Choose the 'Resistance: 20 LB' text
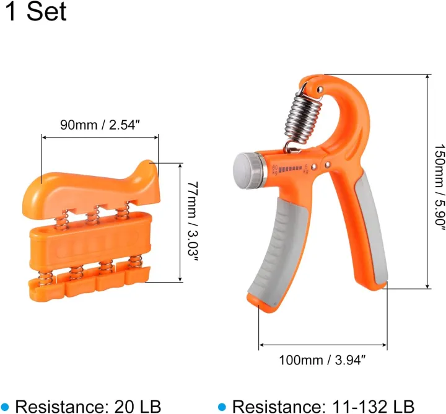(87, 407)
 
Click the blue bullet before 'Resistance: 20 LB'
(6, 407)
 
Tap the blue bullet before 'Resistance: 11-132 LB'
(222, 407)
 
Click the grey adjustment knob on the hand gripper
(246, 169)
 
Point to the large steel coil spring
(302, 118)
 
